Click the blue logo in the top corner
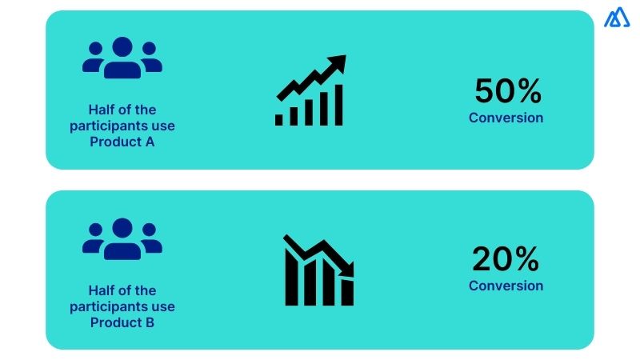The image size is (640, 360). click(617, 18)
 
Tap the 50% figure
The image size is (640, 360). click(508, 92)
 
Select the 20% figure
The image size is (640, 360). click(506, 260)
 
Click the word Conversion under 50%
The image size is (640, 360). click(506, 118)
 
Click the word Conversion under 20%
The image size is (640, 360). click(506, 286)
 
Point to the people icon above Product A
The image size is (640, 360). click(122, 58)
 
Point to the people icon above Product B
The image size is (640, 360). click(122, 239)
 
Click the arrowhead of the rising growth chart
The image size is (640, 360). click(338, 62)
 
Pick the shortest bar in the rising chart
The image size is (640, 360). click(279, 119)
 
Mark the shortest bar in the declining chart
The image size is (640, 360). click(347, 291)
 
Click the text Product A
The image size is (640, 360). click(122, 142)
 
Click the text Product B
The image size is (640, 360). click(122, 323)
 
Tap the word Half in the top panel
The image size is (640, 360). click(102, 110)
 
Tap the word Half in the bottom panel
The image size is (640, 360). click(102, 290)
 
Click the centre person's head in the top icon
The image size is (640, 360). click(122, 46)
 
